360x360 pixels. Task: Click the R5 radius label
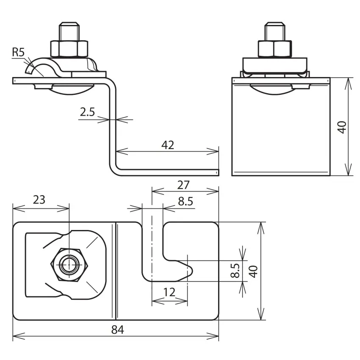18,53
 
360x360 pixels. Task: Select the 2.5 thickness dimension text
87,112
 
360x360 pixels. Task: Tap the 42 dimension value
168,145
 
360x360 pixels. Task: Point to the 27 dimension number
183,185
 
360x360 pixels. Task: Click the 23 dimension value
39,200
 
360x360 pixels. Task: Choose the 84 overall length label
118,330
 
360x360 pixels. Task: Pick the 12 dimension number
169,292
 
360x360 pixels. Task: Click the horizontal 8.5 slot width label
186,201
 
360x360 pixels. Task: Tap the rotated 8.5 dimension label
235,271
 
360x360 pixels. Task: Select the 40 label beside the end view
342,127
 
